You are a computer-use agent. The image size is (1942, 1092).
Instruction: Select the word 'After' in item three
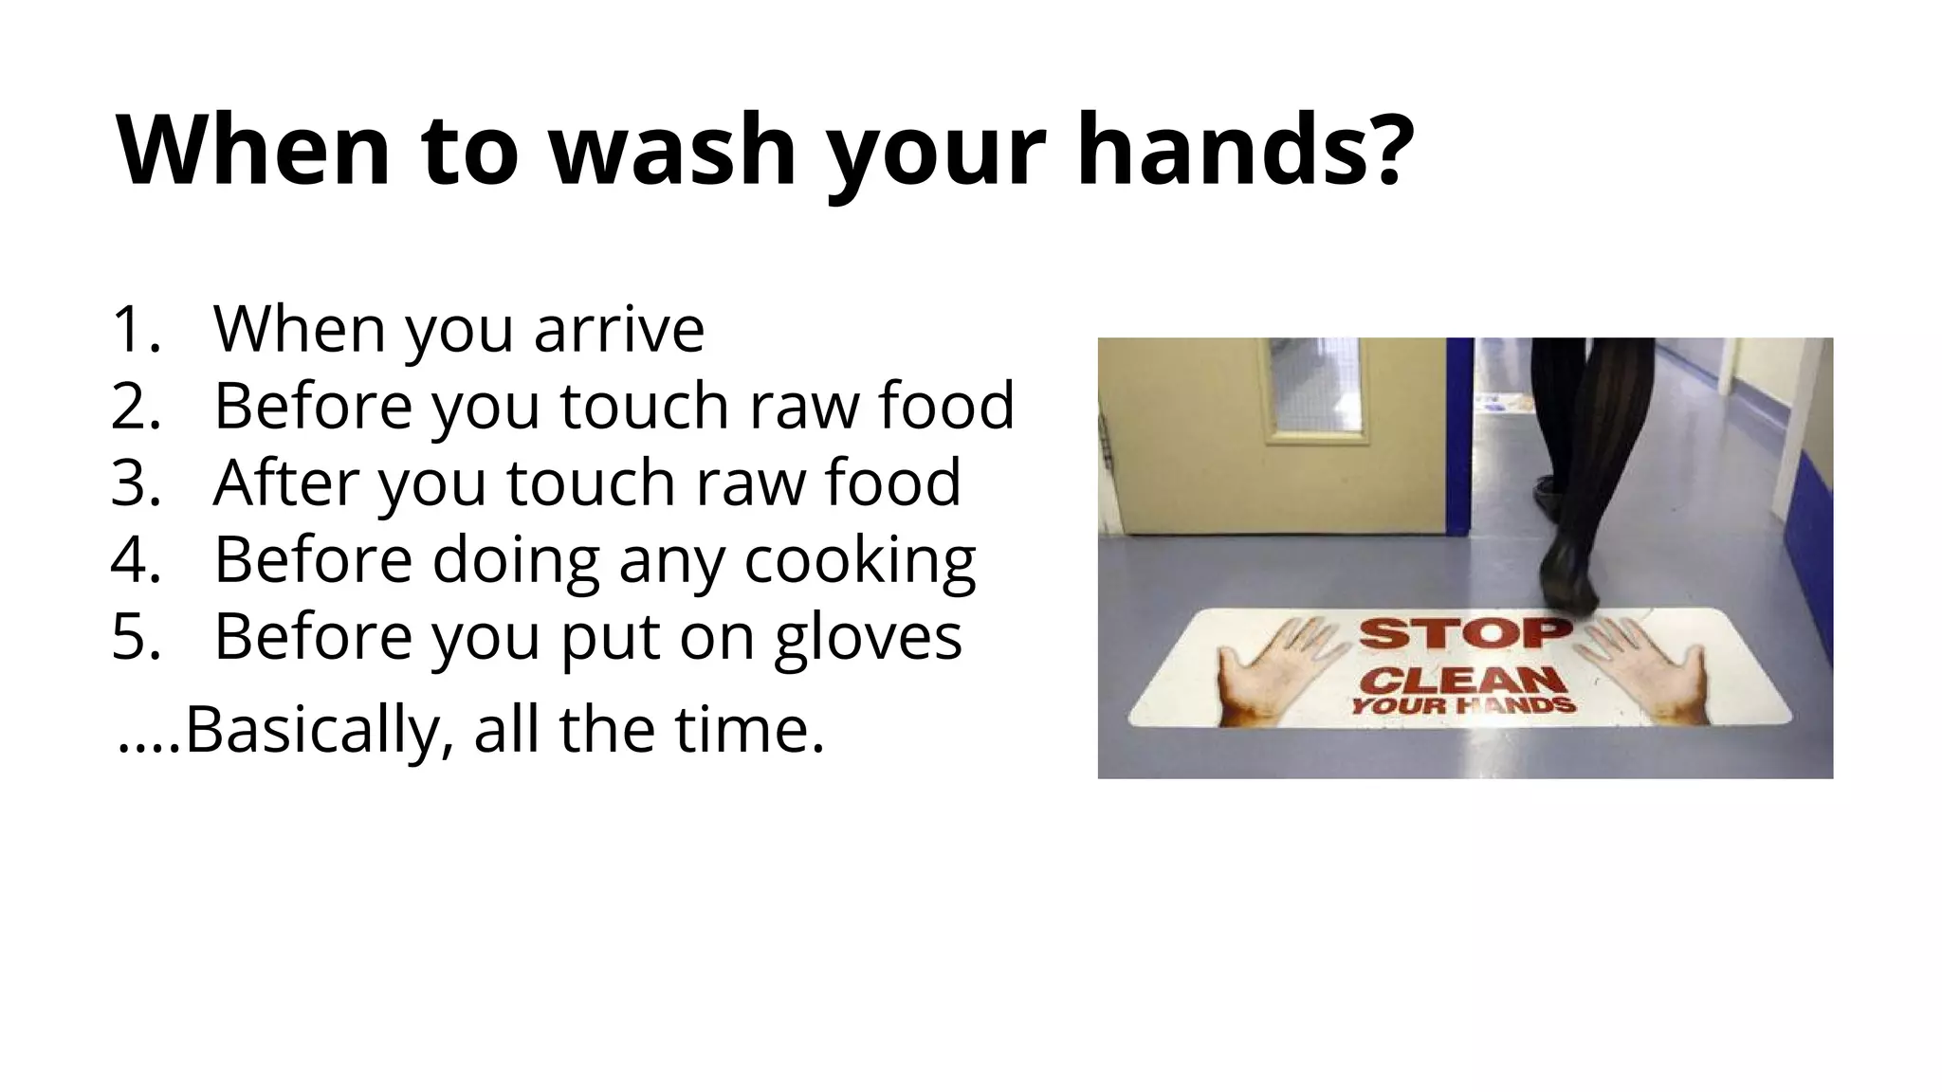(x=285, y=482)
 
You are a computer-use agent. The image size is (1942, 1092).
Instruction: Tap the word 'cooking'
(x=859, y=559)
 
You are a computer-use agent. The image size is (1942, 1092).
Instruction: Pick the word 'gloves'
(x=867, y=636)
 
